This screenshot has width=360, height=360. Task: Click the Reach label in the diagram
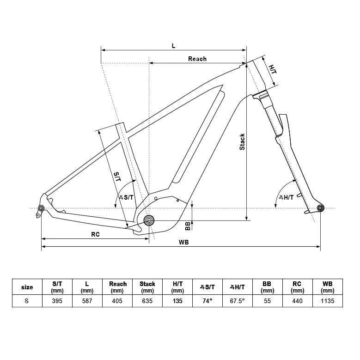197,59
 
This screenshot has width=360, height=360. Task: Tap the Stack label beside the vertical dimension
242,142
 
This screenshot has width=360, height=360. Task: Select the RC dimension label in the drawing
95,234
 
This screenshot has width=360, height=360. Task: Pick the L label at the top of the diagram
173,46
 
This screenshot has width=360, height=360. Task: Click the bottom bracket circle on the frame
148,220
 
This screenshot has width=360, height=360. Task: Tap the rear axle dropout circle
41,209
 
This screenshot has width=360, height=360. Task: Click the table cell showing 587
87,301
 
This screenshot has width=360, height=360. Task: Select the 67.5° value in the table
238,301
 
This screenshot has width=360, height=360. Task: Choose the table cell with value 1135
328,301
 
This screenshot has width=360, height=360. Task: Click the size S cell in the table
27,301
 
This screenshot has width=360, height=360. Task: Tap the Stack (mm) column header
147,287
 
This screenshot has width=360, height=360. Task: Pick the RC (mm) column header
298,287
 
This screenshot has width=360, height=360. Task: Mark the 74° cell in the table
207,301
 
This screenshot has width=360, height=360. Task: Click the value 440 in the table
298,301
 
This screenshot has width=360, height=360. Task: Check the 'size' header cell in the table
27,287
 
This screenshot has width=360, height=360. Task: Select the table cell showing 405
117,301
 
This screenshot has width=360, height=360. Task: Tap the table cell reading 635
147,301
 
